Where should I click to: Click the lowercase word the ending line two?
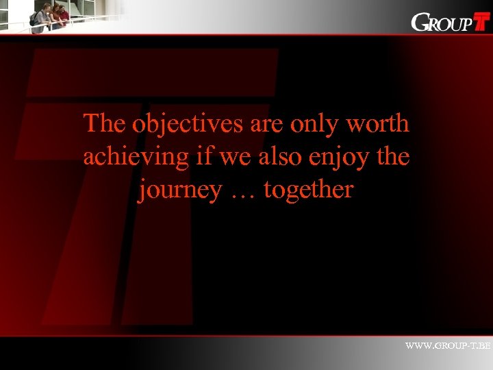(392, 157)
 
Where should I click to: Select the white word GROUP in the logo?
(442, 23)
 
